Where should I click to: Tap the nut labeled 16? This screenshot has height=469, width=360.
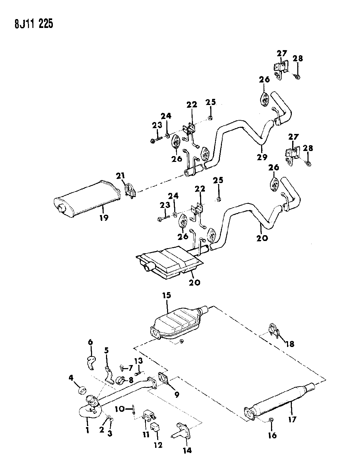[x=271, y=419]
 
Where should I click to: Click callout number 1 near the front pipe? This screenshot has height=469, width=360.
[x=87, y=430]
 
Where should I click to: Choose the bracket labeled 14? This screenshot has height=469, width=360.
[x=182, y=431]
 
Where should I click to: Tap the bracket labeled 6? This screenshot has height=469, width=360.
[x=91, y=362]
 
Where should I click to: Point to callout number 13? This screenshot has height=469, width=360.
[x=138, y=361]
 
